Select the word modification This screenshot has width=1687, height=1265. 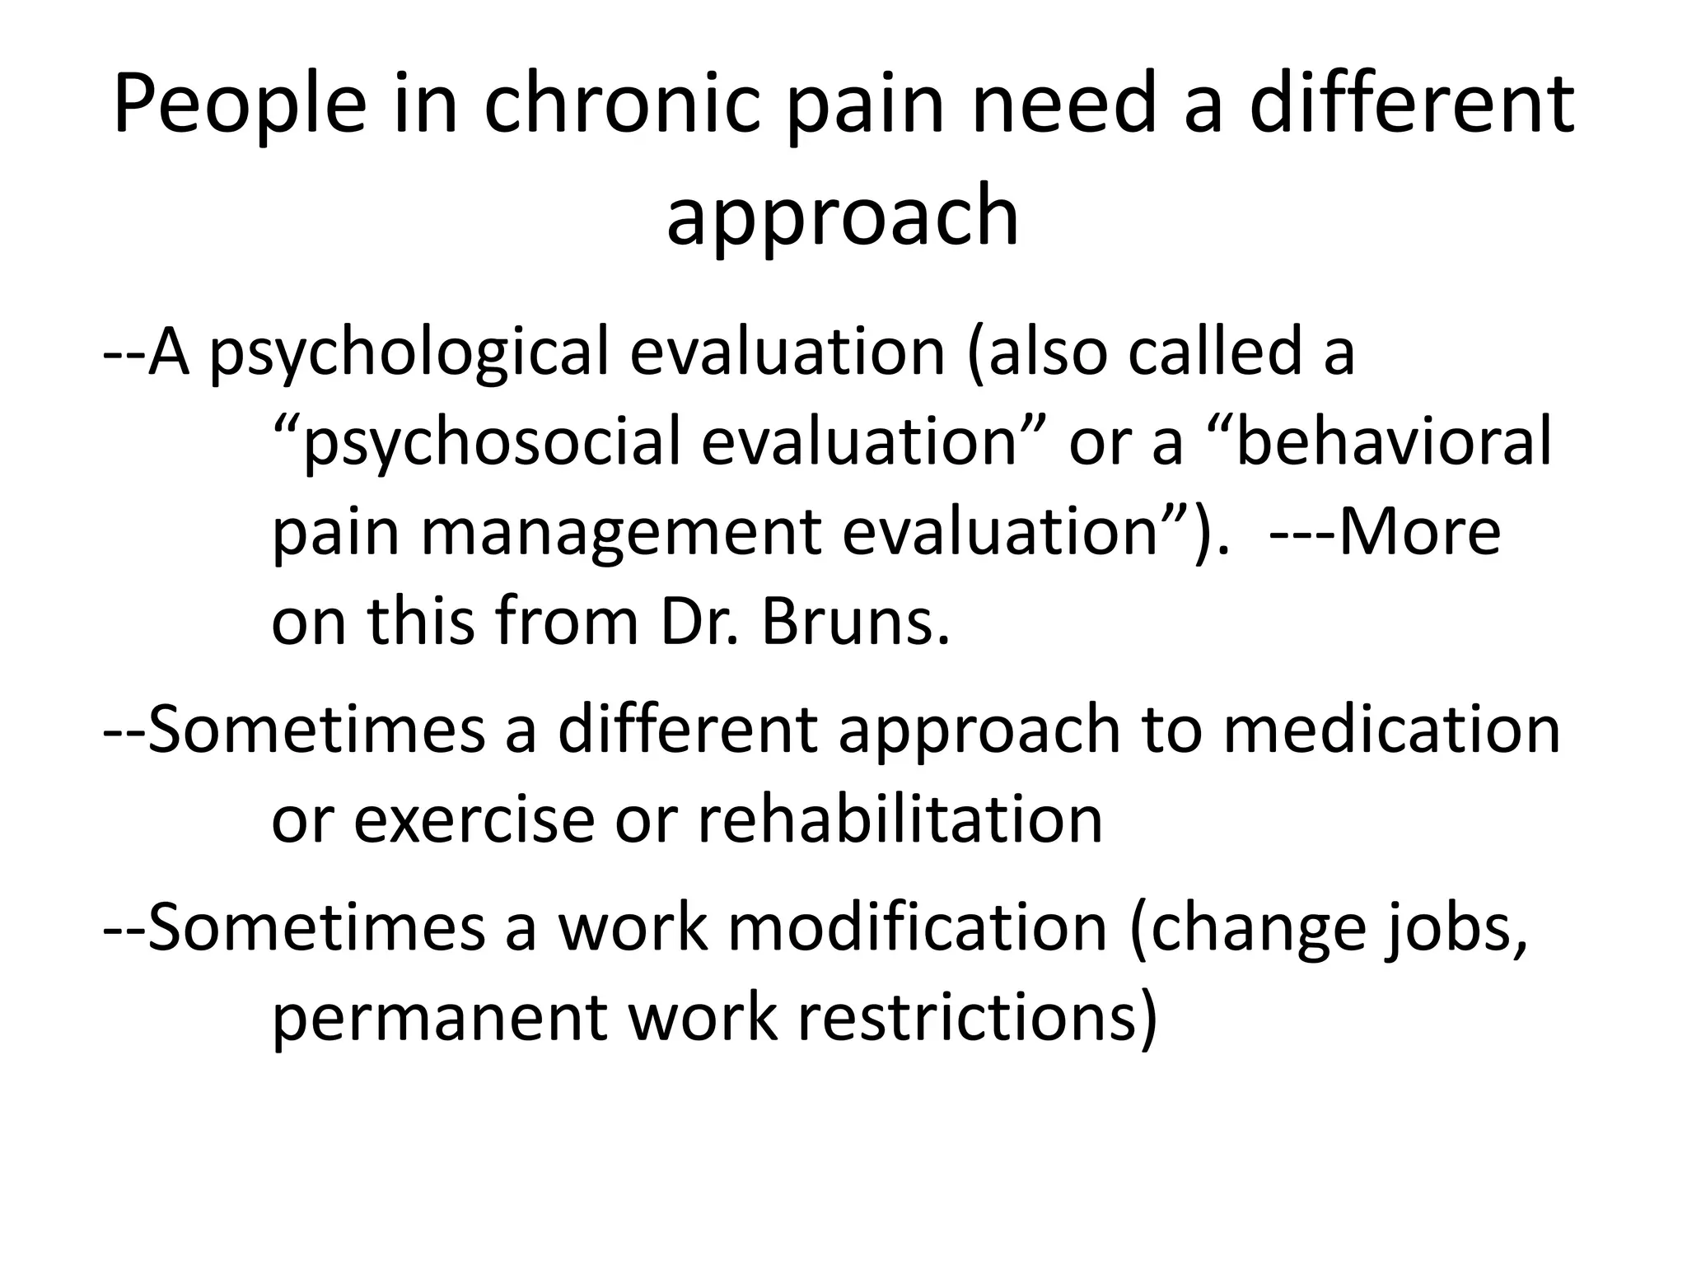917,929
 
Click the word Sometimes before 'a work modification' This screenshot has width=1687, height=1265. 318,929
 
